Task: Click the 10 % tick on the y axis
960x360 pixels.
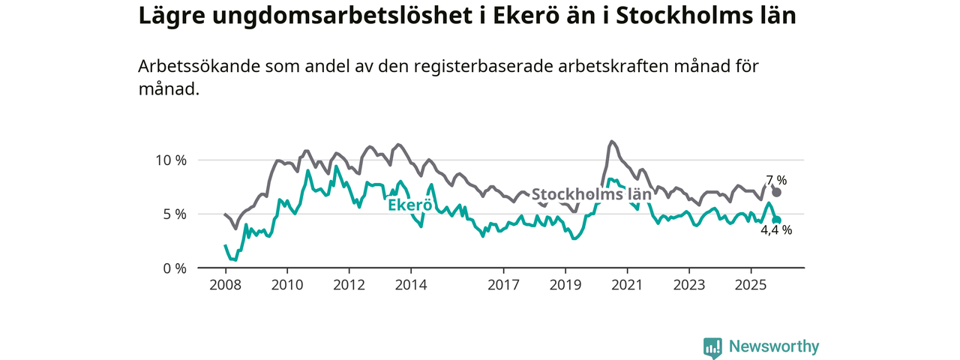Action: (170, 160)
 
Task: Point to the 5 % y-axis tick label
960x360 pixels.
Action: (174, 214)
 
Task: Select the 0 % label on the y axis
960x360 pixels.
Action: (174, 268)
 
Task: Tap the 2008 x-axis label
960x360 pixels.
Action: (226, 285)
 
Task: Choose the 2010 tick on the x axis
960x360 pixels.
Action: (287, 285)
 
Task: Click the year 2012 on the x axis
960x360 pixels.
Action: (349, 285)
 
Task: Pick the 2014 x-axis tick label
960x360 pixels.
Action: (411, 285)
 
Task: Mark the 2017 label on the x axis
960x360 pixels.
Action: (503, 285)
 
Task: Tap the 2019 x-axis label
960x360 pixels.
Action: (565, 285)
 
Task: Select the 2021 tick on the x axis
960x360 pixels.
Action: (627, 285)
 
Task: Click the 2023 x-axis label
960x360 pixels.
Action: (689, 285)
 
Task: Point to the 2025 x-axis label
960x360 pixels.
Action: (751, 285)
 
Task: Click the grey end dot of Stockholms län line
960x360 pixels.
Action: (776, 193)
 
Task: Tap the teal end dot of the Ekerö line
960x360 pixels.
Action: (776, 220)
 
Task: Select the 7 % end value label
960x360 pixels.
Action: (776, 180)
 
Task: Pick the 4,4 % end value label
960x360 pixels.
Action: (776, 231)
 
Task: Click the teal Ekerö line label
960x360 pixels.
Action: (409, 204)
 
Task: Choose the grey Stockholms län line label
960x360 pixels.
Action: (591, 195)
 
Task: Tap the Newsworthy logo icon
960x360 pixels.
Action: (712, 347)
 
